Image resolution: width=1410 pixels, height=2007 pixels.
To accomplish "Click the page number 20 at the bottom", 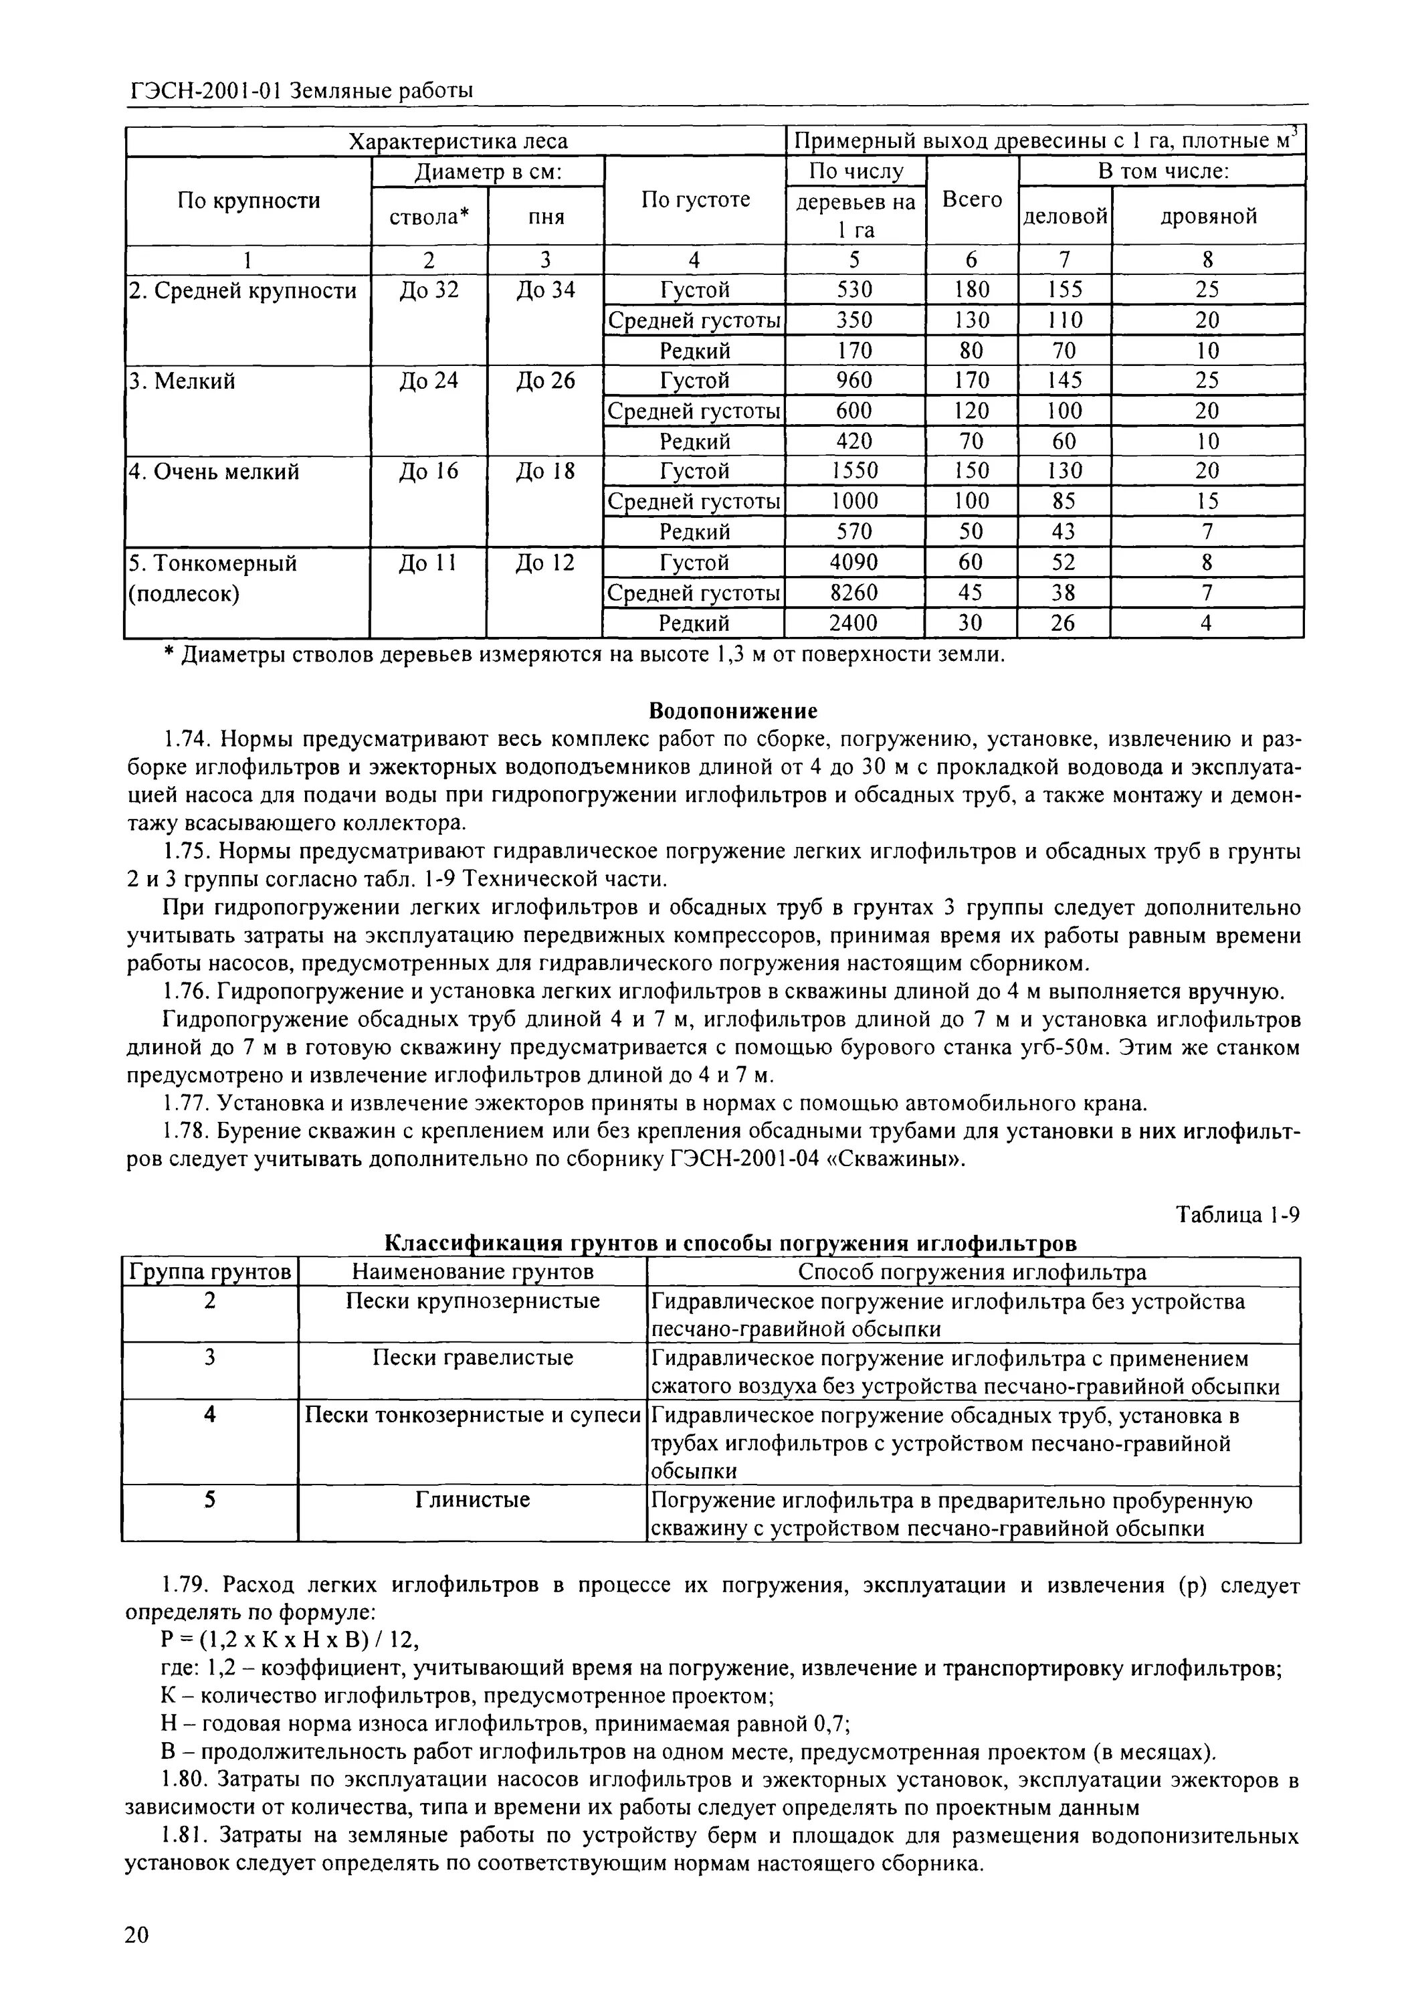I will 137,1933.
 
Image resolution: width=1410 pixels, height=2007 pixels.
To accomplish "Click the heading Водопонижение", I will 733,710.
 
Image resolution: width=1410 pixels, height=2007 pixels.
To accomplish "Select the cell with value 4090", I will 853,562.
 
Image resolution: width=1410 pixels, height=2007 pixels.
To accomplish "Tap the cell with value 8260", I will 853,593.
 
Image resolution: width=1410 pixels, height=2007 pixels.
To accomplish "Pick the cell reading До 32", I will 428,289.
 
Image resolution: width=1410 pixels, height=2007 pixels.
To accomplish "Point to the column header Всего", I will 971,199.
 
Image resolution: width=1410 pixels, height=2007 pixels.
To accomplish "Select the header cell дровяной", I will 1208,216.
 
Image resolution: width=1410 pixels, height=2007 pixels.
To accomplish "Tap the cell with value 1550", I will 853,471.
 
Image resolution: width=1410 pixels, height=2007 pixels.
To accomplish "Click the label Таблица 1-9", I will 1238,1214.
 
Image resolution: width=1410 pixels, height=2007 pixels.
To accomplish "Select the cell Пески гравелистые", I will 472,1357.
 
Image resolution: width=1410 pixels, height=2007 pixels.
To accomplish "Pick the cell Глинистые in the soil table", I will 472,1500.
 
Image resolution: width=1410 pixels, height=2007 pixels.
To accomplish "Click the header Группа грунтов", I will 210,1272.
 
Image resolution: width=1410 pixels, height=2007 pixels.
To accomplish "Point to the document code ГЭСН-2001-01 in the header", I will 205,90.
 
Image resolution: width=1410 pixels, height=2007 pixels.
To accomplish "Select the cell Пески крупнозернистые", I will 472,1301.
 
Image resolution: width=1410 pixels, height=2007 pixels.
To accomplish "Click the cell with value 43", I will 1063,531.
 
